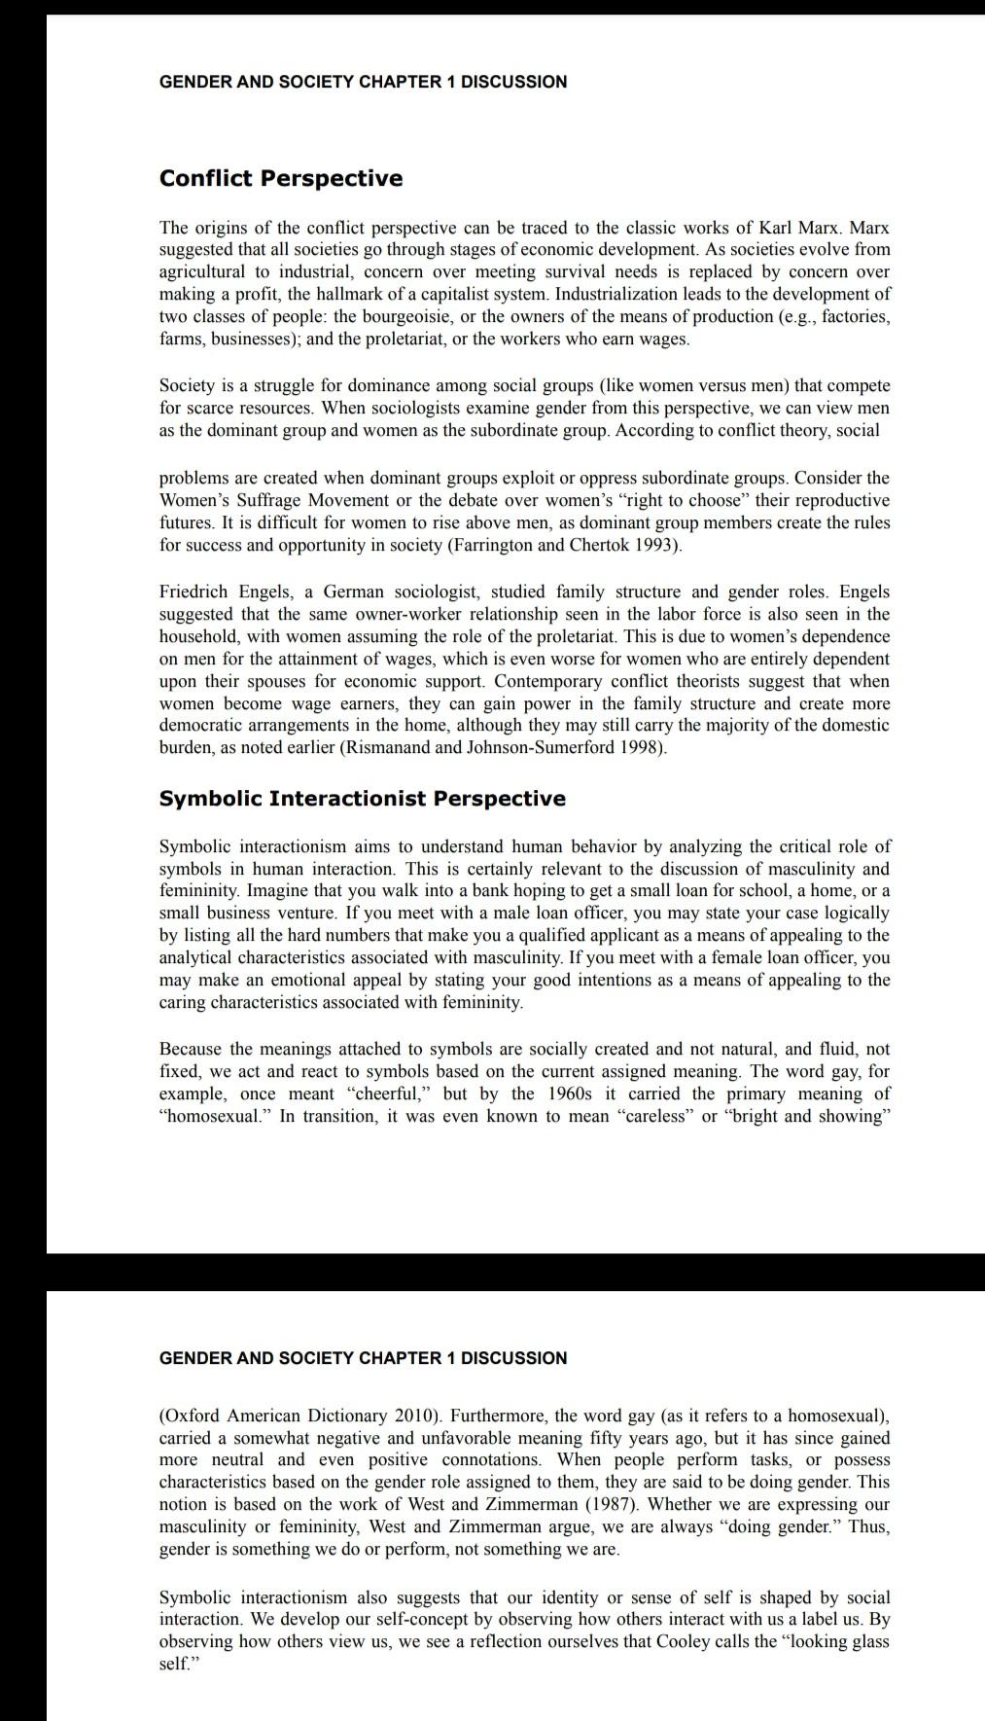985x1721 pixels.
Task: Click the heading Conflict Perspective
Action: [280, 179]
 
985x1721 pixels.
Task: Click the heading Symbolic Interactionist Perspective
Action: [362, 799]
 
